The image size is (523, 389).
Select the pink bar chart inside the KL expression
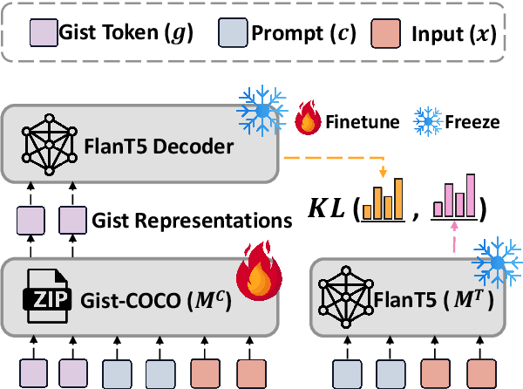tap(457, 200)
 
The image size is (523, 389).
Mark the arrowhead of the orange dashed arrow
tap(384, 171)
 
